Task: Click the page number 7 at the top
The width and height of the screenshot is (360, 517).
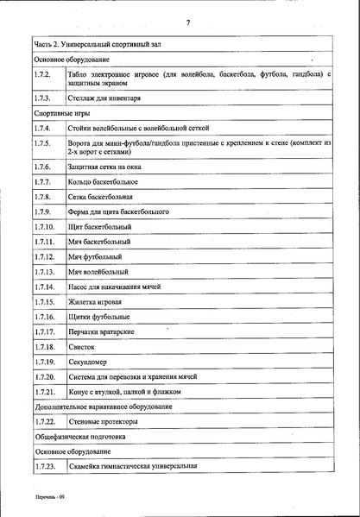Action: click(187, 21)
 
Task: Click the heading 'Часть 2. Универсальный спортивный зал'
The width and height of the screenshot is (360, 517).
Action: click(98, 43)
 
